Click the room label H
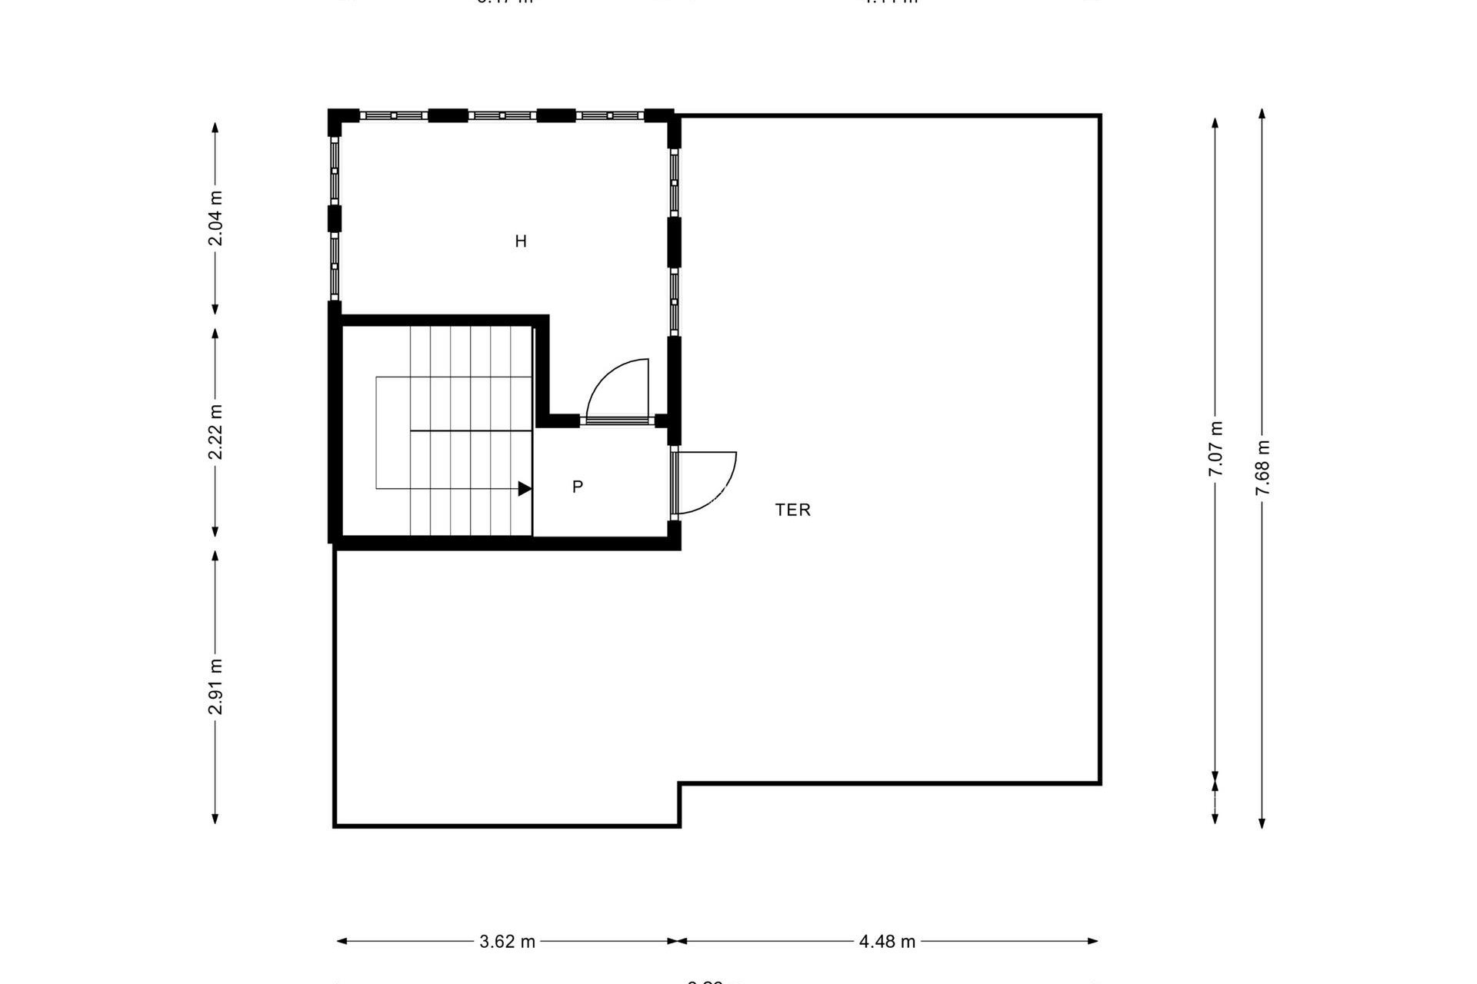(521, 241)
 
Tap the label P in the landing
(578, 487)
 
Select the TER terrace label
(792, 510)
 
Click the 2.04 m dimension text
(215, 218)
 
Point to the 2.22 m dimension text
(215, 432)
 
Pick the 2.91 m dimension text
(215, 686)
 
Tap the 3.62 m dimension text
(507, 942)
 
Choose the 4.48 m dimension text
(887, 942)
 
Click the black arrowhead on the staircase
(525, 488)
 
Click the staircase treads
(469, 430)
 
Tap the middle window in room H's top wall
(502, 115)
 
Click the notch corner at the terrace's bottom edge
(679, 784)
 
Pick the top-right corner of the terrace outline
(1100, 116)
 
